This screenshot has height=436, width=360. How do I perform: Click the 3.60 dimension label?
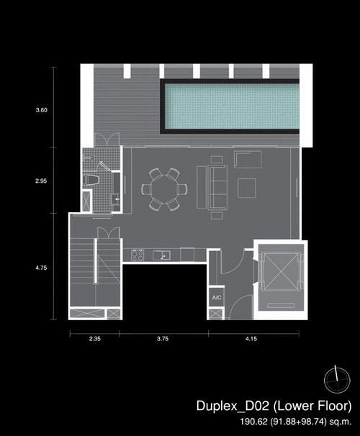pos(42,110)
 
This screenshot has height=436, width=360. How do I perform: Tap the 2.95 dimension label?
pos(41,181)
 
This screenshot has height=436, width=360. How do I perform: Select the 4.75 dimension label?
pos(41,268)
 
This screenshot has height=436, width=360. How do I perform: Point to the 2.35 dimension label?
pos(95,339)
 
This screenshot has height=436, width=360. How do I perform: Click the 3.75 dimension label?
pos(163,339)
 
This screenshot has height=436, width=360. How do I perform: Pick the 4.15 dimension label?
pos(251,339)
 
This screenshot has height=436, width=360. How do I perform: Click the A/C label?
pos(217,298)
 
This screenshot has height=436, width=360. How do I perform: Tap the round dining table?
pos(164,189)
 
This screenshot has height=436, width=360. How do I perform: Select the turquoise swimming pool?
pos(232,106)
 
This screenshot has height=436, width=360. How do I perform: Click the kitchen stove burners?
pos(138,255)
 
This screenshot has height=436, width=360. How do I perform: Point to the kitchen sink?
pos(161,255)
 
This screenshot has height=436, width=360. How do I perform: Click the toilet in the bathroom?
pos(91,179)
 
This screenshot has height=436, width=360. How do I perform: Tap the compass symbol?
pos(337,380)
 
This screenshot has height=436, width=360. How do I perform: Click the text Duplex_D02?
pos(233,406)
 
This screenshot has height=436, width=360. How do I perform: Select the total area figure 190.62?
pos(253,422)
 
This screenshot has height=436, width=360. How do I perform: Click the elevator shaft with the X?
pos(281,271)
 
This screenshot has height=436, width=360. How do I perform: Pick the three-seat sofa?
pos(217,187)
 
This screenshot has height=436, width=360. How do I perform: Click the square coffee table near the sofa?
pos(247,189)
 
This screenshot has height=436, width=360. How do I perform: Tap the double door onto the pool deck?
pos(107,139)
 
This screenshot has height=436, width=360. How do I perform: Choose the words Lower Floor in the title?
pos(314,406)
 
